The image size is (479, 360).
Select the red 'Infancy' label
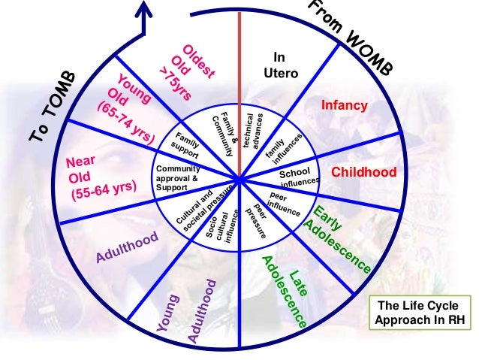pos(345,106)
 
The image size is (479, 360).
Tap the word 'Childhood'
pos(364,172)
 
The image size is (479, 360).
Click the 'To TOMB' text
pos(53,105)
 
